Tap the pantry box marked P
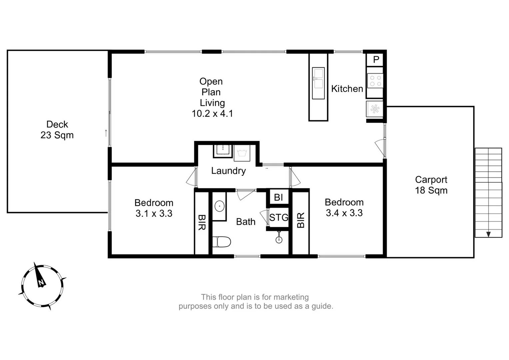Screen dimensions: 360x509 click(376, 60)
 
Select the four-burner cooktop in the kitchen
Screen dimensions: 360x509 click(375, 81)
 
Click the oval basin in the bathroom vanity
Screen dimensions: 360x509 click(219, 206)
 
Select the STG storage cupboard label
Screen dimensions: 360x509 click(279, 218)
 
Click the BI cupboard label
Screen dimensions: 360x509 click(278, 197)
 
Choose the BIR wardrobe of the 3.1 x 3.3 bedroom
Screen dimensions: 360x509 click(202, 222)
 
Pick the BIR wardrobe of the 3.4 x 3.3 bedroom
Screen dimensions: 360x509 click(301, 220)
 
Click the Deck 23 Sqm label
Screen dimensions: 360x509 click(57, 130)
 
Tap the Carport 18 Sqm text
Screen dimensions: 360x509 click(431, 185)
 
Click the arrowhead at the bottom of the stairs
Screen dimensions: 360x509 click(488, 234)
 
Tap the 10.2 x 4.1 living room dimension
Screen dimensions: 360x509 click(212, 114)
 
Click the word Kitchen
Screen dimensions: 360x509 click(347, 89)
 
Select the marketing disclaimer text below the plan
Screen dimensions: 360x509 click(256, 302)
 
